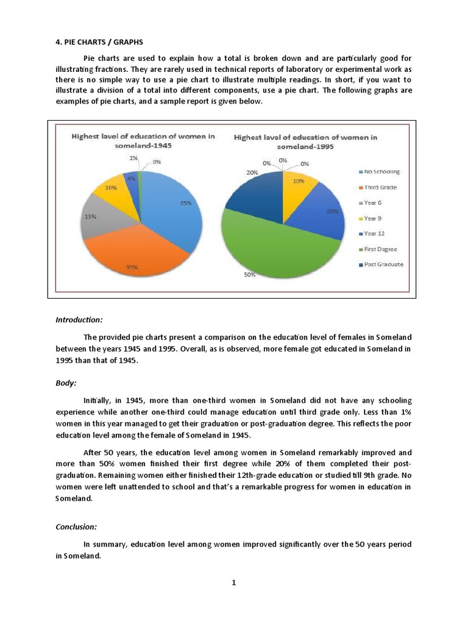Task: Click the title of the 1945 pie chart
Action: (x=143, y=141)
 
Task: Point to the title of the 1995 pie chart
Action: (x=305, y=142)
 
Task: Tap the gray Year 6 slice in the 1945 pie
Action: (x=97, y=219)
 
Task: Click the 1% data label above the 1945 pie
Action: (x=133, y=158)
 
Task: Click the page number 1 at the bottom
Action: (x=233, y=583)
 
